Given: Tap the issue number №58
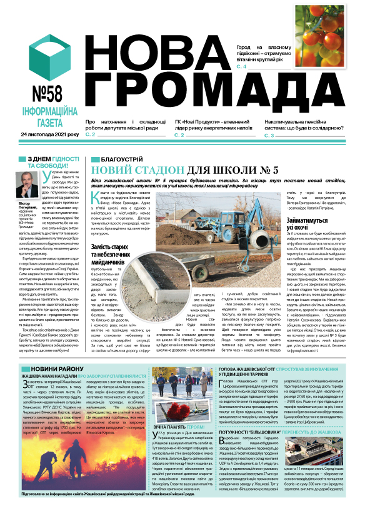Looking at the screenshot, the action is [x=41, y=94].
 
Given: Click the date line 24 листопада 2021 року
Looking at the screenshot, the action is [x=49, y=135].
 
